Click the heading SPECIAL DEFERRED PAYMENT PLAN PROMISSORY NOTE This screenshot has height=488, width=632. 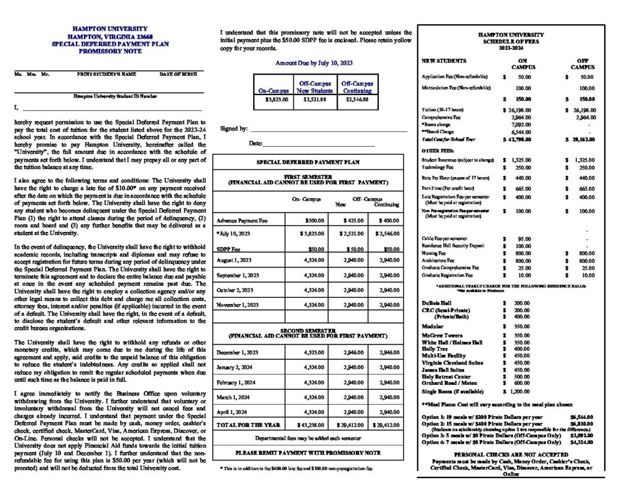click(109, 48)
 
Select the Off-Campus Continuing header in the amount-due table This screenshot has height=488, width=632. click(357, 86)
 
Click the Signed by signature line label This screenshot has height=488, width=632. click(234, 129)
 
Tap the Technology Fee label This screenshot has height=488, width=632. click(438, 167)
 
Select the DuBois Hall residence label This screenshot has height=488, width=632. click(437, 304)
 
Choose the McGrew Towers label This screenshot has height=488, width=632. click(442, 334)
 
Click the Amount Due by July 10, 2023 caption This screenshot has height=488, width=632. click(314, 63)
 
